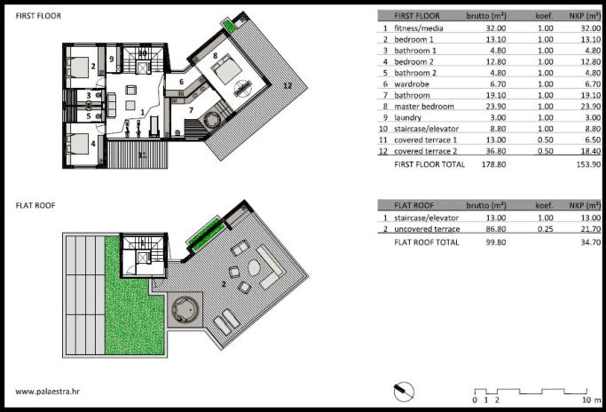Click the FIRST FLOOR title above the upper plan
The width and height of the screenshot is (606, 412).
click(38, 16)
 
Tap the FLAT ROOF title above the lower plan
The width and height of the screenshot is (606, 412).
click(35, 205)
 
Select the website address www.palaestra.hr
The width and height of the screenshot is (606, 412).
click(48, 391)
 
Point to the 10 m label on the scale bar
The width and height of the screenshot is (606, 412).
click(591, 400)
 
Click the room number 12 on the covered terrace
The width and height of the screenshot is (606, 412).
click(287, 85)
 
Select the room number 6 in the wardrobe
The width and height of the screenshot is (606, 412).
click(181, 82)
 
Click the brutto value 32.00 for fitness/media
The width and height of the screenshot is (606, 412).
click(496, 28)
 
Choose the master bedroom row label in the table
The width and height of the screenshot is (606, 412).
click(424, 107)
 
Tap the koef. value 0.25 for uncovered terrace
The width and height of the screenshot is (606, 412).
click(546, 228)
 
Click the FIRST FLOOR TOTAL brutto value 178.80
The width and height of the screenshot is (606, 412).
click(494, 164)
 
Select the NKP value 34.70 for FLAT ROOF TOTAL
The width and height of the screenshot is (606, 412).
click(591, 242)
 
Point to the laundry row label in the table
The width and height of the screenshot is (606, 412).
click(408, 117)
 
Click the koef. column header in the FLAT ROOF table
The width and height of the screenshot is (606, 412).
click(544, 205)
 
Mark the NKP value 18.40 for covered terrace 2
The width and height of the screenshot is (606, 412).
click(591, 151)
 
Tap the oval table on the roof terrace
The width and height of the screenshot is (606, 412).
click(255, 267)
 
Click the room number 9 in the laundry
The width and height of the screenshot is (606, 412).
click(112, 59)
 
